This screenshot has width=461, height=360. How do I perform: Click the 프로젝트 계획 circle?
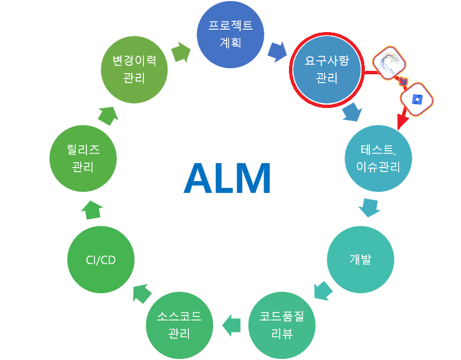pos(229,34)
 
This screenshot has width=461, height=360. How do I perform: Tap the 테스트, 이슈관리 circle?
pos(378,159)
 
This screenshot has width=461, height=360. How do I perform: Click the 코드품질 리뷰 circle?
pos(281,325)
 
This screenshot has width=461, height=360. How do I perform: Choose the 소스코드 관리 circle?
pos(180,325)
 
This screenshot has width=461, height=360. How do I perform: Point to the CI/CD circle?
pos(101,259)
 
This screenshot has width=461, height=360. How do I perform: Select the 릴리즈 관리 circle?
pos(83,159)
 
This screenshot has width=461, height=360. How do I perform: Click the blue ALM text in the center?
pos(227,178)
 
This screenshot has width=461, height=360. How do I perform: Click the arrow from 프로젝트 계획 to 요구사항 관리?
pos(276,52)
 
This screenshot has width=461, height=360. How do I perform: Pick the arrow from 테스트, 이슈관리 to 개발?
pos(369,209)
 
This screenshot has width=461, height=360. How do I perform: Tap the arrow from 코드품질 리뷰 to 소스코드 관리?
pos(232,325)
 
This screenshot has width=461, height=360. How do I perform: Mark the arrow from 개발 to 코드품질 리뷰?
pos(323,291)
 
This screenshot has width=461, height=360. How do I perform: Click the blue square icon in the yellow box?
pos(417,100)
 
